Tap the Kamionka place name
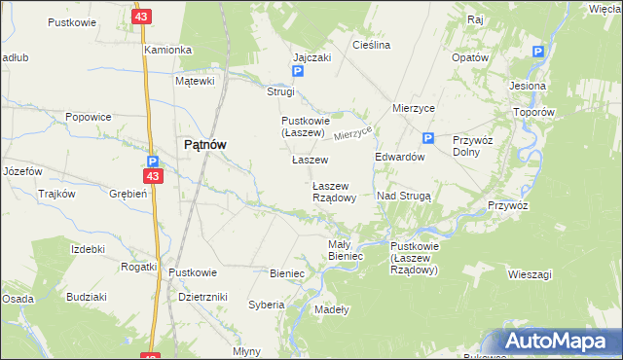click(168, 49)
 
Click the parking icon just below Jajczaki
click(298, 72)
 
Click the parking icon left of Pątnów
click(153, 162)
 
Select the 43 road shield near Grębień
click(151, 176)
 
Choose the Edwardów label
click(400, 157)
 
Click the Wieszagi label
click(530, 274)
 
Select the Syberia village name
click(266, 305)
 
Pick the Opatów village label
click(469, 57)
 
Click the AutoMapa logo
click(560, 341)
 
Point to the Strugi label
click(280, 91)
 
